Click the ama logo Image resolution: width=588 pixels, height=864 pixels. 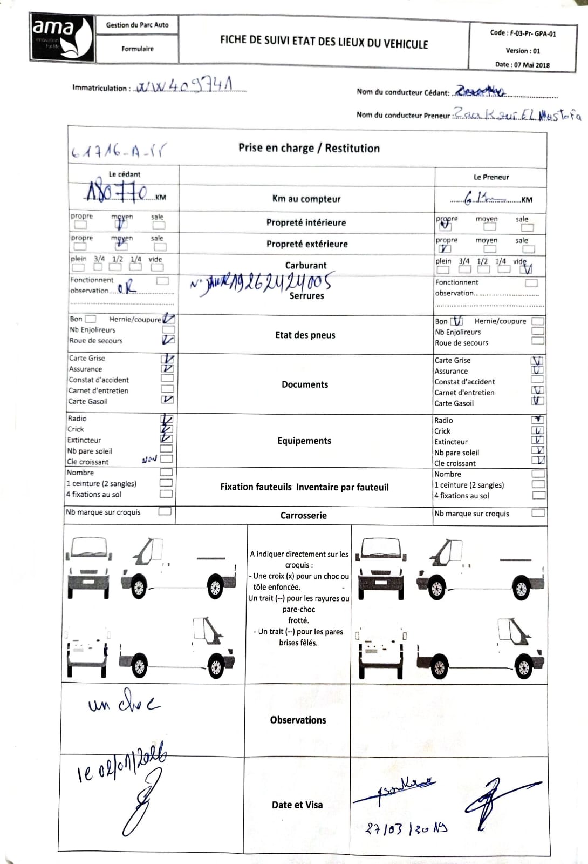(61, 37)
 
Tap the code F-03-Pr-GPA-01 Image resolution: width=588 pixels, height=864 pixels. (523, 33)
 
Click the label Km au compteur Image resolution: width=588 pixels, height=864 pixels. (306, 199)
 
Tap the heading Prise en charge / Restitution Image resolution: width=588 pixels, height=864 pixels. (309, 148)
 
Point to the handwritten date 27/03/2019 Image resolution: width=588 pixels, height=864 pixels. (406, 828)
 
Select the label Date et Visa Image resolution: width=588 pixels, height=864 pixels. (297, 805)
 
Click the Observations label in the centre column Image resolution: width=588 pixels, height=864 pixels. (298, 720)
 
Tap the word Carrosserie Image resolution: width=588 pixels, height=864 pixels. (303, 515)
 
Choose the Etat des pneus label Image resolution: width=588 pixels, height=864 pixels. (305, 335)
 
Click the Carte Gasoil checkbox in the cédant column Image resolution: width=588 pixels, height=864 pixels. (167, 400)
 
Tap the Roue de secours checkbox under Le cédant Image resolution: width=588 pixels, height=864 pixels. (168, 340)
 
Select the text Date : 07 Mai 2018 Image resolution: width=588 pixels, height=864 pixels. (522, 65)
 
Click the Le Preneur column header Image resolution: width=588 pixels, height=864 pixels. (491, 177)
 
